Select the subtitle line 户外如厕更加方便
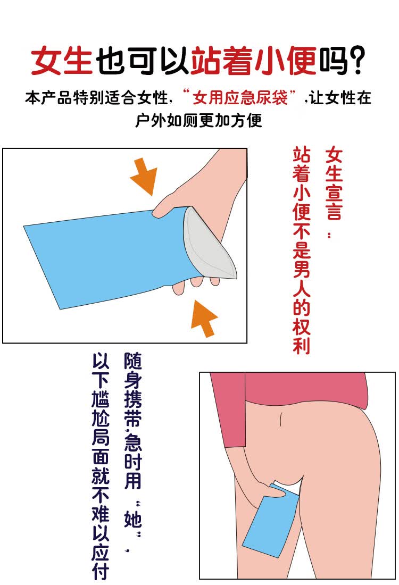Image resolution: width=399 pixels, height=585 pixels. click(198, 120)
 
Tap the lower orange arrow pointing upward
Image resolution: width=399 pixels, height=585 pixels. click(204, 317)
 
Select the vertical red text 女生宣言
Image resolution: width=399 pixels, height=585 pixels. click(334, 183)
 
